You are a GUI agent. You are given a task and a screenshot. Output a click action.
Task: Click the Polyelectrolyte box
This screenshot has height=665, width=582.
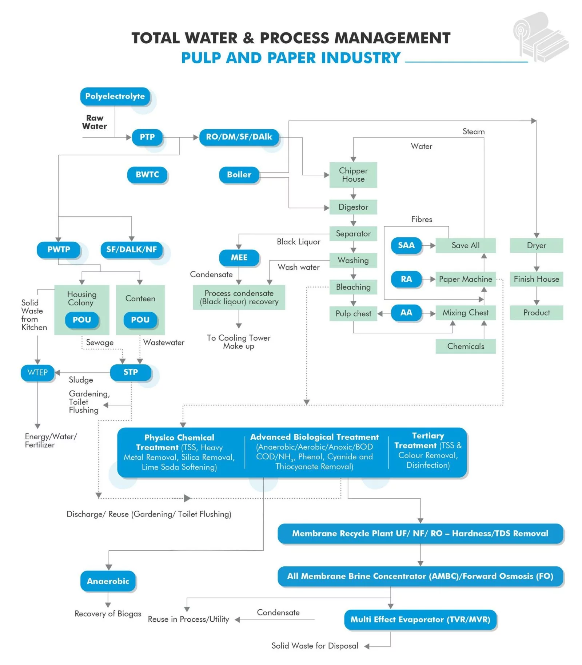point(115,96)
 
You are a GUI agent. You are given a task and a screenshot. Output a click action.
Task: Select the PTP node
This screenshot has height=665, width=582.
point(147,137)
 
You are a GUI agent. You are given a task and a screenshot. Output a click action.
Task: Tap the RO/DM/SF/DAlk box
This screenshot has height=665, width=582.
point(239,137)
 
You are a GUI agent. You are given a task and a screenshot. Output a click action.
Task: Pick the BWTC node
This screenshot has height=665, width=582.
point(147,175)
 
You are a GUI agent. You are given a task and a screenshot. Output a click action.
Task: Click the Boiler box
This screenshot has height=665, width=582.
point(239,175)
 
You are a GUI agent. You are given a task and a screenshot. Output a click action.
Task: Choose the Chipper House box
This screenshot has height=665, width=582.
point(353,175)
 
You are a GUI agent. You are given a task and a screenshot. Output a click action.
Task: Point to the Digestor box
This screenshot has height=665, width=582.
point(353,207)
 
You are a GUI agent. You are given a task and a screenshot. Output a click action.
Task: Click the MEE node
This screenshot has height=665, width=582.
point(239,258)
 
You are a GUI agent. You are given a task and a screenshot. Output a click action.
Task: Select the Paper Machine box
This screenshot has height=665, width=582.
point(466,279)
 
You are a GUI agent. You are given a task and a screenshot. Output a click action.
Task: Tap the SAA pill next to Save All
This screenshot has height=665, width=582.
point(406,246)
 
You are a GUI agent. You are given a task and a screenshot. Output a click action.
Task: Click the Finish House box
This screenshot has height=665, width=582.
point(537,279)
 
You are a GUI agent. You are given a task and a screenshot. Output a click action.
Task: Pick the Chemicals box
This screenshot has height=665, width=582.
point(466,346)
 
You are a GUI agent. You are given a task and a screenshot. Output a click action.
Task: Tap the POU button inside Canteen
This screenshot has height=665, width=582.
point(140,320)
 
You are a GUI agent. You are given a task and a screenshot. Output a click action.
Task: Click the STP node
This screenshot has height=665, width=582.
point(131,372)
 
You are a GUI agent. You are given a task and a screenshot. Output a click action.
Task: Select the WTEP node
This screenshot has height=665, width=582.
point(37,373)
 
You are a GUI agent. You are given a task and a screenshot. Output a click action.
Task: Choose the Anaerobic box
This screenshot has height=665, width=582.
point(108,581)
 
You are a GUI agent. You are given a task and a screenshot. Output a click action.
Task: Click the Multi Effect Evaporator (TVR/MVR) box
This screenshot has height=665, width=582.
point(420,620)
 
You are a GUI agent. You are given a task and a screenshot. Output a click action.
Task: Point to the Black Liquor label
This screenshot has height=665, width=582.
point(299,242)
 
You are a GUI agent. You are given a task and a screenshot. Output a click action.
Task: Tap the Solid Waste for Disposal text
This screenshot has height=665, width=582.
point(315,646)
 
